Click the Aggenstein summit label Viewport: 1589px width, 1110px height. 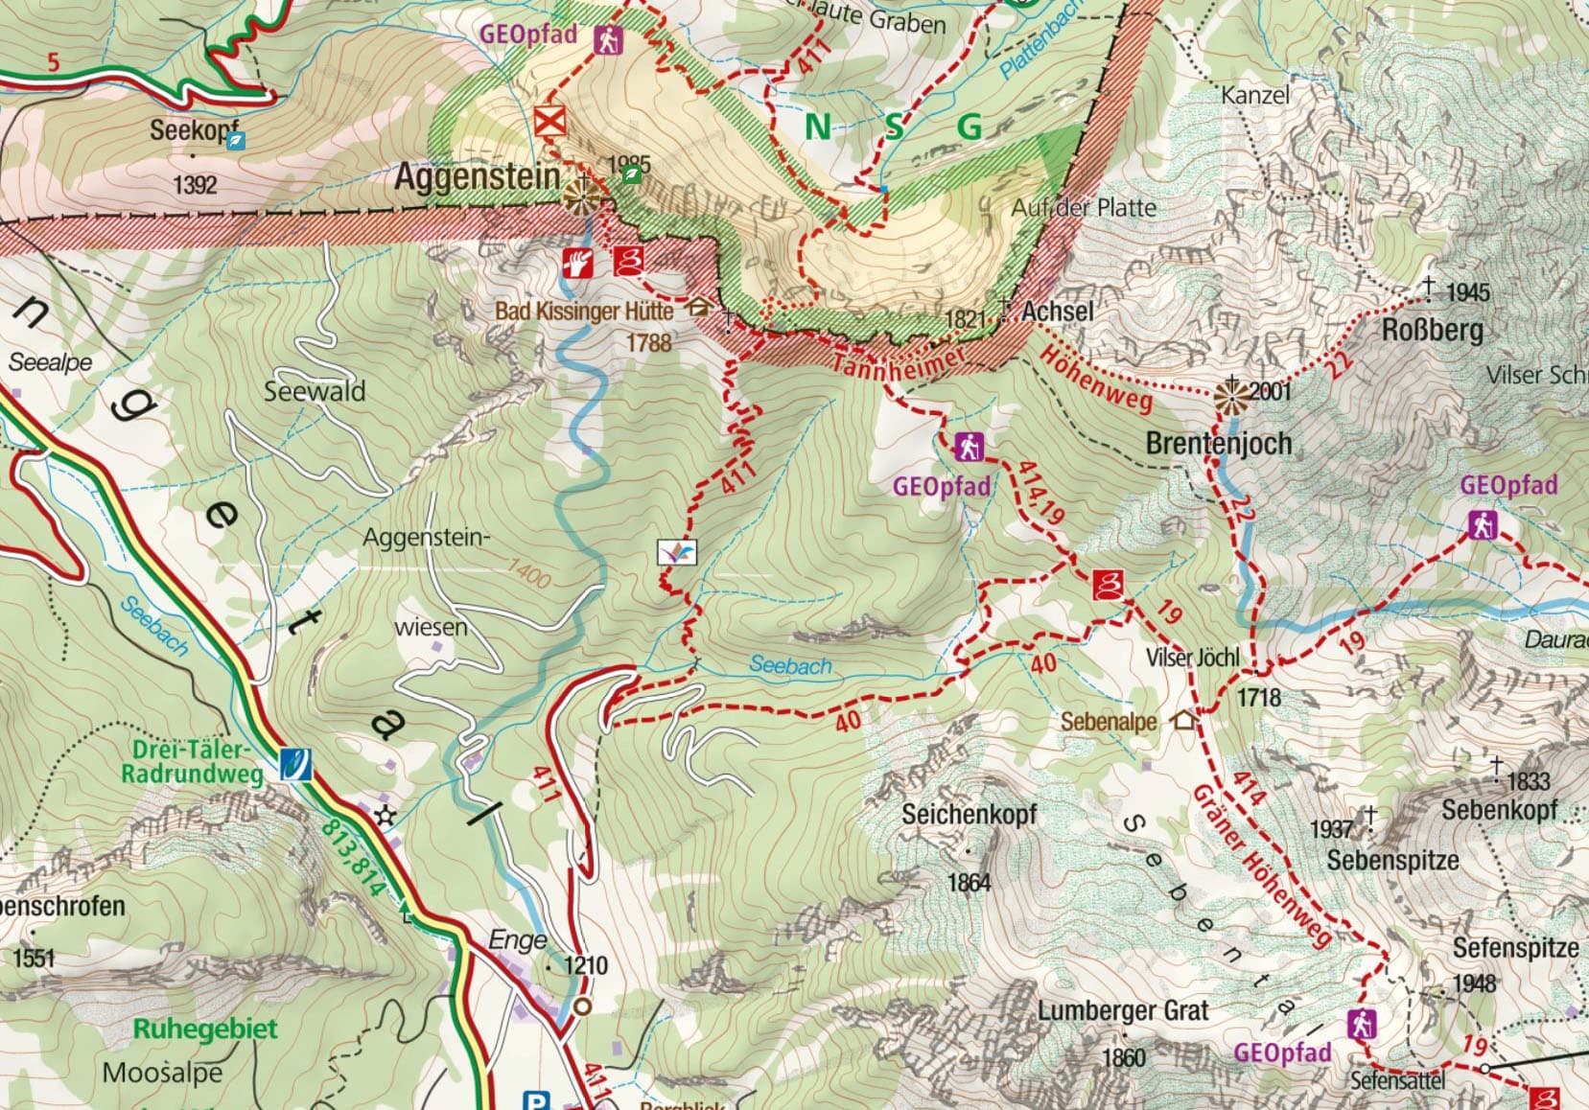(x=477, y=176)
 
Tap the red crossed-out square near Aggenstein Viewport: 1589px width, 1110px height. (x=550, y=123)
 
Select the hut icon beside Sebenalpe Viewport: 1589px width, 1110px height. (x=1185, y=719)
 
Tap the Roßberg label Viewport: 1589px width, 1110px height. (x=1432, y=331)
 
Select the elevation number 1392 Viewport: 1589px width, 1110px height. (x=195, y=184)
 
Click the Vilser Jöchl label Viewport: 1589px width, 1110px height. (x=1192, y=658)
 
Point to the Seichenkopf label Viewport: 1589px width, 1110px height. (x=969, y=814)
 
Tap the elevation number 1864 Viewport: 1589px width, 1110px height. (x=969, y=881)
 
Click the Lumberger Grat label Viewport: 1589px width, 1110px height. (x=1122, y=1010)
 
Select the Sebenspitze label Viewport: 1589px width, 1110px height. (x=1392, y=860)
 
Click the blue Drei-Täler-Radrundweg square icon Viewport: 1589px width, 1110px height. (x=295, y=764)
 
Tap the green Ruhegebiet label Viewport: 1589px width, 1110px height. (x=204, y=1029)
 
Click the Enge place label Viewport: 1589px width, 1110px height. (x=518, y=939)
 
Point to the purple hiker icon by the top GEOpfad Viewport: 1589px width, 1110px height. (x=607, y=40)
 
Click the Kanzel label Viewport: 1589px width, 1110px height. (x=1255, y=95)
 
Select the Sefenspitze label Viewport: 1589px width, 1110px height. (x=1514, y=948)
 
